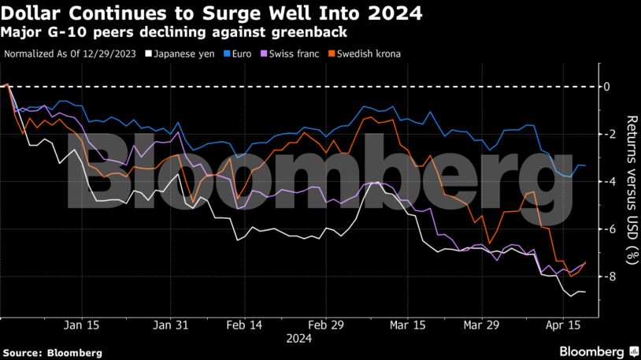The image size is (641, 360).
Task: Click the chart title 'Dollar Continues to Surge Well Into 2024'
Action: coord(212,13)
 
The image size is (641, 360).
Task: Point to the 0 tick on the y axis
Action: coord(607,86)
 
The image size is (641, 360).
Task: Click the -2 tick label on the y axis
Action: coord(606,134)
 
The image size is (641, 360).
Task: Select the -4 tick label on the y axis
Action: coord(606,181)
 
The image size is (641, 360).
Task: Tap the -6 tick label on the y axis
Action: coord(606,229)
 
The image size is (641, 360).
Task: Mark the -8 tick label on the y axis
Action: coord(606,276)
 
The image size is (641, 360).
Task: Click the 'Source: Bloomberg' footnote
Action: coord(52,353)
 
